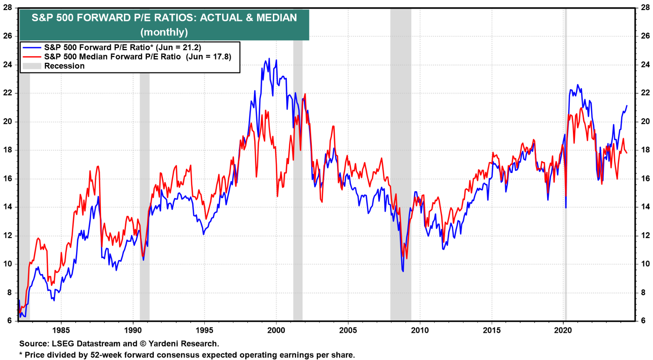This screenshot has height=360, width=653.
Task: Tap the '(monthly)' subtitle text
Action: (164, 32)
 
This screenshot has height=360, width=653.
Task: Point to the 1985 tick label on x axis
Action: (61, 330)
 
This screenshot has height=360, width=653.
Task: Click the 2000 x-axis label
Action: (276, 330)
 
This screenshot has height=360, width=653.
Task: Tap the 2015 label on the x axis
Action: (492, 330)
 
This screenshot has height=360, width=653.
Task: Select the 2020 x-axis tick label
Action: (563, 330)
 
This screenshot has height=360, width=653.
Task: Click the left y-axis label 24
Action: (8, 64)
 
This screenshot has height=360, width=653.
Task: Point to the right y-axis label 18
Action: (645, 150)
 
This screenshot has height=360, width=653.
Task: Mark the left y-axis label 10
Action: (8, 264)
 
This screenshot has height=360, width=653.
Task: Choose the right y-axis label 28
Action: (645, 8)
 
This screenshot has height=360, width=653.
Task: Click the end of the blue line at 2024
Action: (627, 106)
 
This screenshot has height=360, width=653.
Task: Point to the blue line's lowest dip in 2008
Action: (403, 271)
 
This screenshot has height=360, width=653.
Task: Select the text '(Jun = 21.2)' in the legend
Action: (178, 47)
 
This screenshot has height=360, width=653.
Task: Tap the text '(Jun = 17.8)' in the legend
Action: (208, 57)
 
